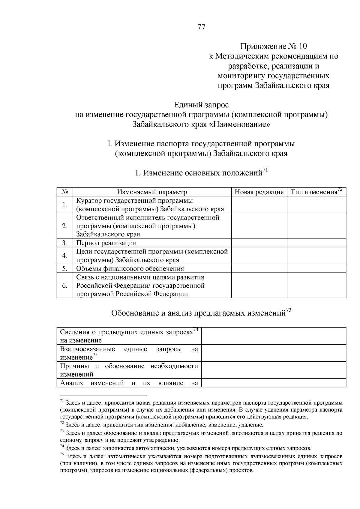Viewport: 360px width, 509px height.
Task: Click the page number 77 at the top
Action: pyautogui.click(x=202, y=27)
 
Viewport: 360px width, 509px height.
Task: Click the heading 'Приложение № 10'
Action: pyautogui.click(x=273, y=46)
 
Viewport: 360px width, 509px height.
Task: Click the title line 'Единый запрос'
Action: pyautogui.click(x=201, y=105)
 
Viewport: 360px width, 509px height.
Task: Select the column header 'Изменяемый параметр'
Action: pyautogui.click(x=152, y=192)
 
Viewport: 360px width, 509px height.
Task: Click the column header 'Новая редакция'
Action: pyautogui.click(x=259, y=192)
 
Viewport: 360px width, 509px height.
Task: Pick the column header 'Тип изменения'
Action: pyautogui.click(x=314, y=192)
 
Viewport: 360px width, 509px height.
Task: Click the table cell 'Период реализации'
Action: pyautogui.click(x=106, y=243)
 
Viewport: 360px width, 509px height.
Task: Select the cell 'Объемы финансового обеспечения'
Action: pyautogui.click(x=130, y=268)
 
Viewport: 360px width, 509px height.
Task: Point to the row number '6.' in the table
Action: pyautogui.click(x=65, y=285)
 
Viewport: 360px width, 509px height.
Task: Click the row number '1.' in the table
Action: pyautogui.click(x=65, y=205)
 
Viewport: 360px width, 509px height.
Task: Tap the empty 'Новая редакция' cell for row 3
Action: pyautogui.click(x=259, y=243)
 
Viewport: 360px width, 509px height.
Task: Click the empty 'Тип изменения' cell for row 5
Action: pyautogui.click(x=316, y=268)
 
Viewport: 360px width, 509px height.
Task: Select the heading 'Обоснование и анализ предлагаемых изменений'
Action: pyautogui.click(x=198, y=313)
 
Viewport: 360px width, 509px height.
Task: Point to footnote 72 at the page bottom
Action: pyautogui.click(x=162, y=425)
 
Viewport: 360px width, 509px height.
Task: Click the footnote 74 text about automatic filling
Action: pyautogui.click(x=186, y=449)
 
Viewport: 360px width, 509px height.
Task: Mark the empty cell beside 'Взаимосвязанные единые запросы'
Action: pyautogui.click(x=273, y=353)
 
